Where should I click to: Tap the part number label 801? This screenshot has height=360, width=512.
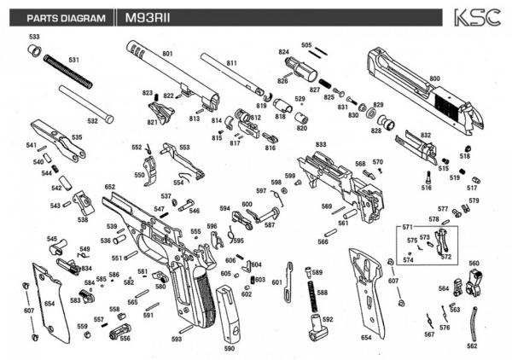coord(167,55)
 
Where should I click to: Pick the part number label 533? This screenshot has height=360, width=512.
coord(34,38)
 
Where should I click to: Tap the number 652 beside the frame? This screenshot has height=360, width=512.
coord(110,187)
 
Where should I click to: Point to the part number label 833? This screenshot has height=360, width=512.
coord(321,146)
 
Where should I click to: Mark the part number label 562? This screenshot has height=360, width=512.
coord(472,346)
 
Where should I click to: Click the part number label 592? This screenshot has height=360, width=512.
coord(328,320)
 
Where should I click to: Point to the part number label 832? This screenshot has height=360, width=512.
coord(426,135)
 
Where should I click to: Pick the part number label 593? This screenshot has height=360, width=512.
coord(177,340)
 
